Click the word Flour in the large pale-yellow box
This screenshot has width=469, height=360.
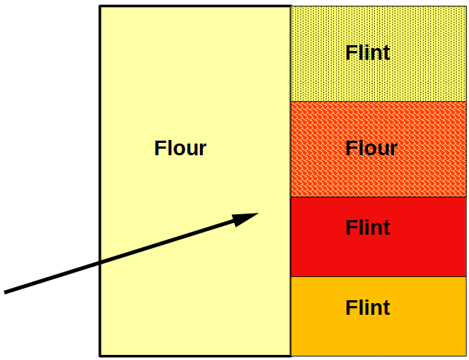(180, 149)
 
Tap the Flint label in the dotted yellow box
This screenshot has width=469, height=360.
(368, 53)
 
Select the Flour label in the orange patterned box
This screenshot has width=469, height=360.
(371, 149)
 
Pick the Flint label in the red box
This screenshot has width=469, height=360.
(368, 228)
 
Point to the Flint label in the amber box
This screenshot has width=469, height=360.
(368, 308)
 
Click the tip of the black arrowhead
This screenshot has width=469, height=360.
(258, 214)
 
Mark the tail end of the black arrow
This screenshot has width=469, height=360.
(5, 292)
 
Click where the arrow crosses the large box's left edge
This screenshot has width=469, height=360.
(100, 263)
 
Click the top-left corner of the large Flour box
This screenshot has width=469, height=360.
(100, 7)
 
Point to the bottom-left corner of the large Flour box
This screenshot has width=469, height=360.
(100, 356)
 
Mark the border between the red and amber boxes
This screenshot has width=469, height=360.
(378, 276)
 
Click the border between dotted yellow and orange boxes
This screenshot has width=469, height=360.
(378, 102)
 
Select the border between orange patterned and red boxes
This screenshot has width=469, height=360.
(378, 197)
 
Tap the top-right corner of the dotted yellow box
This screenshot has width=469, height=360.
(465, 7)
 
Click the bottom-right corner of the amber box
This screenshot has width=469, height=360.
(465, 355)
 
